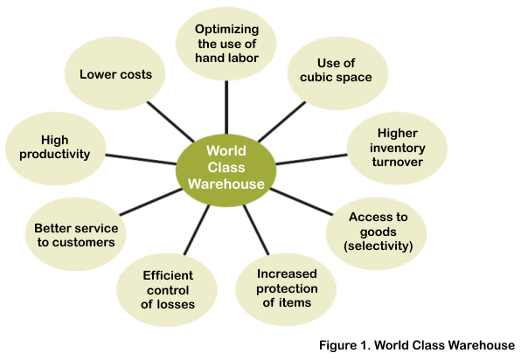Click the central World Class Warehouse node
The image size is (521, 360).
[226, 170]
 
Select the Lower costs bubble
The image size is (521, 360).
[115, 73]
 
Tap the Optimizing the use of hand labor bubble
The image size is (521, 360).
[226, 44]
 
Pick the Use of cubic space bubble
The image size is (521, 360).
[337, 73]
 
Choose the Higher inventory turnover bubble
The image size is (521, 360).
[397, 149]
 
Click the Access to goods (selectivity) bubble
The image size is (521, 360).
[376, 233]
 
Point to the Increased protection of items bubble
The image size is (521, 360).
[286, 289]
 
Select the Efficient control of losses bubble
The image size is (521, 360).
[167, 290]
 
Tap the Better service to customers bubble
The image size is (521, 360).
[76, 234]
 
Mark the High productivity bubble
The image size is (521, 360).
[55, 149]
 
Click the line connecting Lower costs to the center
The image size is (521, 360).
[170, 121]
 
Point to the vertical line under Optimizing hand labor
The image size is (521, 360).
[226, 107]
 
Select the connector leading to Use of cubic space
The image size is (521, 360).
[281, 121]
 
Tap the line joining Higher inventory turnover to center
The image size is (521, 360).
[311, 159]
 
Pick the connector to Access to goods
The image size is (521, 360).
[302, 202]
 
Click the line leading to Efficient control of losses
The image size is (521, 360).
[197, 230]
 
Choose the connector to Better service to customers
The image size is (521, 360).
[150, 202]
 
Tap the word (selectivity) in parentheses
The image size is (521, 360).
[379, 246]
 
